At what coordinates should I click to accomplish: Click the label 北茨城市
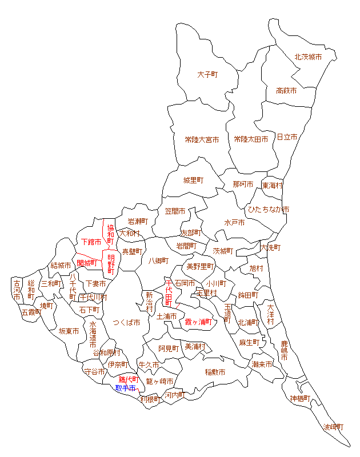coord(308,57)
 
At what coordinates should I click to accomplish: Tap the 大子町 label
coord(209,74)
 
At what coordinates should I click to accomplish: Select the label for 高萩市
coord(286,90)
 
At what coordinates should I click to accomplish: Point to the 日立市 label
coord(287,137)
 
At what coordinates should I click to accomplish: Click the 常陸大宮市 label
coord(202,139)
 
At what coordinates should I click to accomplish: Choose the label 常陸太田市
coord(251,139)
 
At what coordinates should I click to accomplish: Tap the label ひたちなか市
coord(267,210)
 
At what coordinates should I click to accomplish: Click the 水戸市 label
coord(234,222)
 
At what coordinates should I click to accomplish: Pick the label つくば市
coord(126,323)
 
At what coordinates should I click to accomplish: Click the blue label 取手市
coord(126,388)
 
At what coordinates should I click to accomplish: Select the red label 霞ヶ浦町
coord(198,322)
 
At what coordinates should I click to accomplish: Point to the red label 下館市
coord(91,243)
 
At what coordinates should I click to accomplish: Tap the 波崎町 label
coord(334,427)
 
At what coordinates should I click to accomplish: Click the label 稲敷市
coord(215,372)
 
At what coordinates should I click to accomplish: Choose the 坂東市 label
coord(68,331)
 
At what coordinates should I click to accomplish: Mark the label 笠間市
coord(175,211)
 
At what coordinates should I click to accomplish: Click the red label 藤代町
coord(129,379)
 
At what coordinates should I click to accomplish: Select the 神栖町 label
coord(300,398)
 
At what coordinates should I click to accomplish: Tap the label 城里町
coord(193,181)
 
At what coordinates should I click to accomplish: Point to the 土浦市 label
coord(166,316)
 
